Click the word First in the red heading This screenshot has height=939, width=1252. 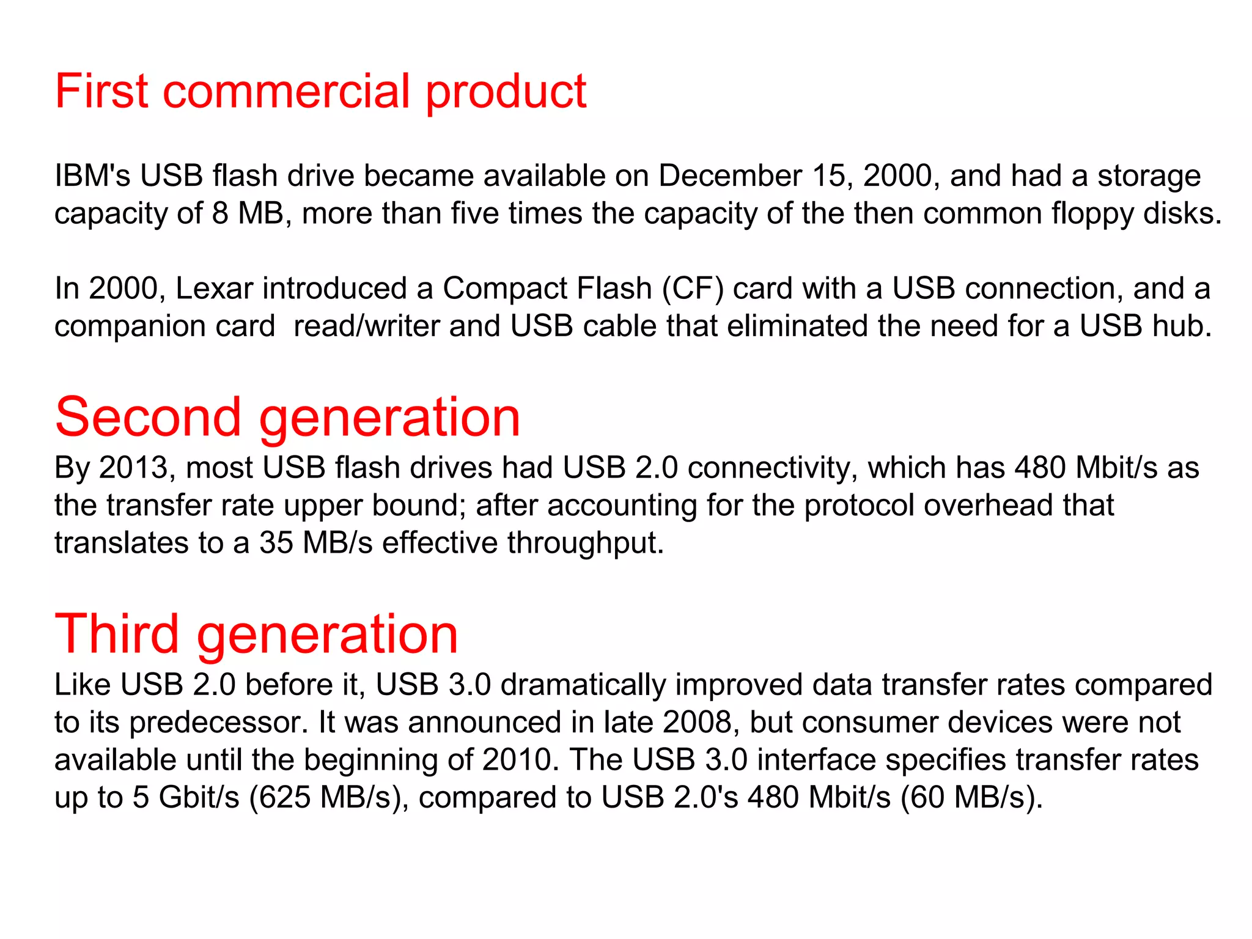[x=101, y=92]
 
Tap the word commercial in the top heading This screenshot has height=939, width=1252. [x=287, y=92]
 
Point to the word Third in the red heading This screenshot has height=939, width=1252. [x=117, y=634]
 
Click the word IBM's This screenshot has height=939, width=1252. [x=92, y=176]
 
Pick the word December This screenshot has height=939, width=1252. [x=730, y=176]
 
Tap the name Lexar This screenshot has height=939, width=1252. [x=214, y=289]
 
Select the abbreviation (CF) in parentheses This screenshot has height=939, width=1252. [x=693, y=289]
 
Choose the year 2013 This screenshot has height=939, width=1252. [x=133, y=468]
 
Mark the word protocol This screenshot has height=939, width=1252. [x=858, y=507]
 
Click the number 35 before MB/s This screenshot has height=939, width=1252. [x=276, y=543]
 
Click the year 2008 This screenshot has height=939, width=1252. [x=697, y=723]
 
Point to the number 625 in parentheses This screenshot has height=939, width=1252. [x=285, y=798]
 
